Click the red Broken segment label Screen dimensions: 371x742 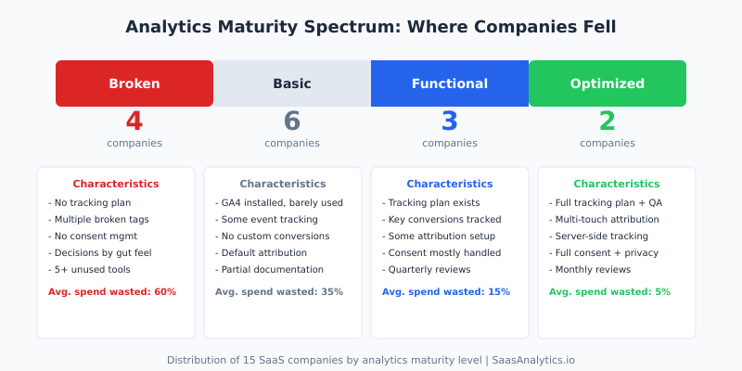click(x=134, y=83)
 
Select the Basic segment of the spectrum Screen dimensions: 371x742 click(x=292, y=83)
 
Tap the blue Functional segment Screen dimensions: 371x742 click(x=450, y=83)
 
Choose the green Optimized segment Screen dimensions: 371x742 click(x=608, y=83)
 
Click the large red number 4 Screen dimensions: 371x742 click(x=134, y=122)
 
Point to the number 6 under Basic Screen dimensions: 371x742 click(x=292, y=122)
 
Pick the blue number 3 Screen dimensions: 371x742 click(x=450, y=122)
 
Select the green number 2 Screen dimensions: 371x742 click(x=608, y=122)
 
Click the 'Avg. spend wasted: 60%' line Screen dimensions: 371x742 click(x=112, y=291)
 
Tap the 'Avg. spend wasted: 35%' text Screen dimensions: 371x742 click(x=279, y=291)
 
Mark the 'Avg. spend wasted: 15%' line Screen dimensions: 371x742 click(x=446, y=291)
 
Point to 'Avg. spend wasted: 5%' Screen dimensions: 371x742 click(x=609, y=291)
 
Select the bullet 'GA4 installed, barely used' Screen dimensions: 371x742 click(x=281, y=202)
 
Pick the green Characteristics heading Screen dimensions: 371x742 click(x=617, y=184)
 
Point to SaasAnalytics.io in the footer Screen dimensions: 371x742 click(x=533, y=359)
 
